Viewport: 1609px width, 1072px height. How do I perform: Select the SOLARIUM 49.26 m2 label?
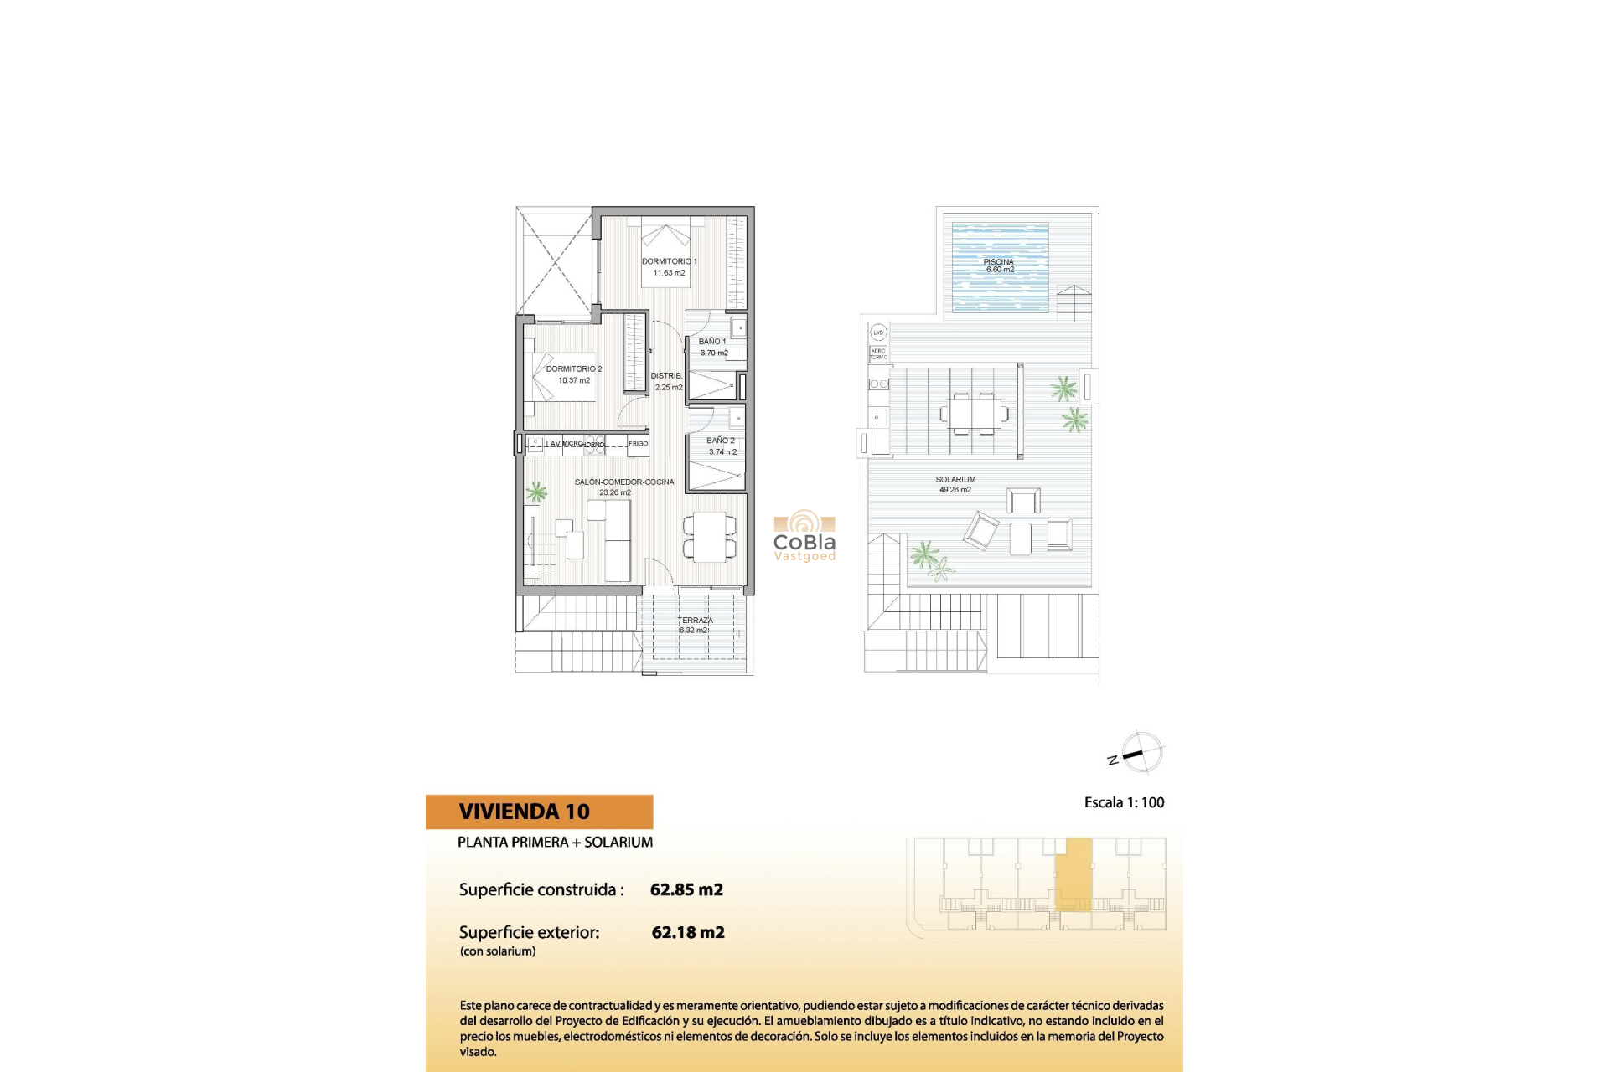(955, 484)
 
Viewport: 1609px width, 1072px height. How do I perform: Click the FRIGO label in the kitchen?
(638, 444)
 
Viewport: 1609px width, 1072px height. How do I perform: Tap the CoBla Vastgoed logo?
(804, 536)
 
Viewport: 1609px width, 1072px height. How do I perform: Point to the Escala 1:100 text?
(1124, 802)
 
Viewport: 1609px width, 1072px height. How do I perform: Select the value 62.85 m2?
(686, 889)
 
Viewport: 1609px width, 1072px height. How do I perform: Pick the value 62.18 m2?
(688, 932)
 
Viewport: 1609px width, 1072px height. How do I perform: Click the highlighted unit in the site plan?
(1074, 873)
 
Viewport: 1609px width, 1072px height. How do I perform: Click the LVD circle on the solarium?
(878, 332)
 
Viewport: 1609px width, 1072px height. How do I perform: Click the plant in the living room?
(536, 492)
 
